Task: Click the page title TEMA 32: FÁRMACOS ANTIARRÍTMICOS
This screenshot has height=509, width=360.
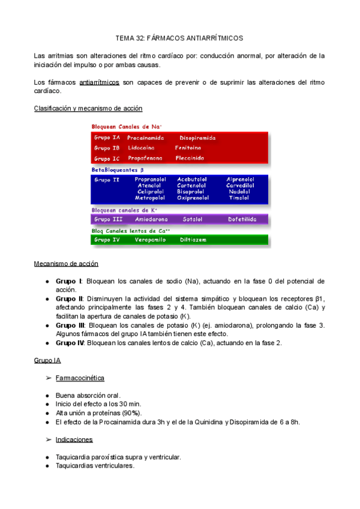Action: coord(179,37)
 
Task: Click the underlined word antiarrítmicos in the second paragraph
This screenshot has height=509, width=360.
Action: coord(99,82)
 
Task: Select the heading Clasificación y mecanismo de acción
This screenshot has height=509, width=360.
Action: coord(88,109)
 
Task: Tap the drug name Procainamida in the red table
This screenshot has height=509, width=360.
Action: coord(146,137)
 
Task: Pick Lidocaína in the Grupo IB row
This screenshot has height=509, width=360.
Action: coord(141,148)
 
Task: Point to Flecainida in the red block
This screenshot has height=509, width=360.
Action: coord(190,158)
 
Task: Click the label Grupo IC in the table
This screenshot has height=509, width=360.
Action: coord(107,158)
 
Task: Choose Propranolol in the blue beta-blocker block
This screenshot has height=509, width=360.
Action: coord(150,179)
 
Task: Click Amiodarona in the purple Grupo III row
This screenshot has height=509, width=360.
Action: coord(151,220)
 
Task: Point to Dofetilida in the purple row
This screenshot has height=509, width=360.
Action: coord(242,220)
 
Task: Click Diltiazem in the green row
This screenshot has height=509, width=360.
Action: coord(194,239)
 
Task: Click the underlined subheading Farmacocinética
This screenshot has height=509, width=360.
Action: coord(80,378)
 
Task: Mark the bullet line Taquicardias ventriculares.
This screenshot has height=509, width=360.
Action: coord(95,465)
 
